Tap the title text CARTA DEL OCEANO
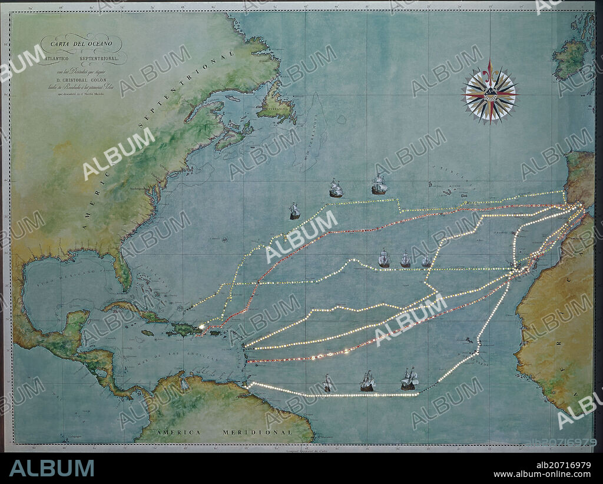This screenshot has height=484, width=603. pyautogui.click(x=81, y=42)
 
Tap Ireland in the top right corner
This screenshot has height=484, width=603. pyautogui.click(x=569, y=59)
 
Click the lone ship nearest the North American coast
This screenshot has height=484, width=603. pyautogui.click(x=294, y=211)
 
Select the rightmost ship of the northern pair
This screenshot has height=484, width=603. pyautogui.click(x=379, y=186)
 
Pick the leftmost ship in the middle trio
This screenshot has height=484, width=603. pyautogui.click(x=384, y=258)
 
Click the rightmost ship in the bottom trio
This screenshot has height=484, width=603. pyautogui.click(x=409, y=379)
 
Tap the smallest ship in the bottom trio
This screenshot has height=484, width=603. pyautogui.click(x=327, y=384)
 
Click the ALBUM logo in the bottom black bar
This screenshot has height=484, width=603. pyautogui.click(x=51, y=468)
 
